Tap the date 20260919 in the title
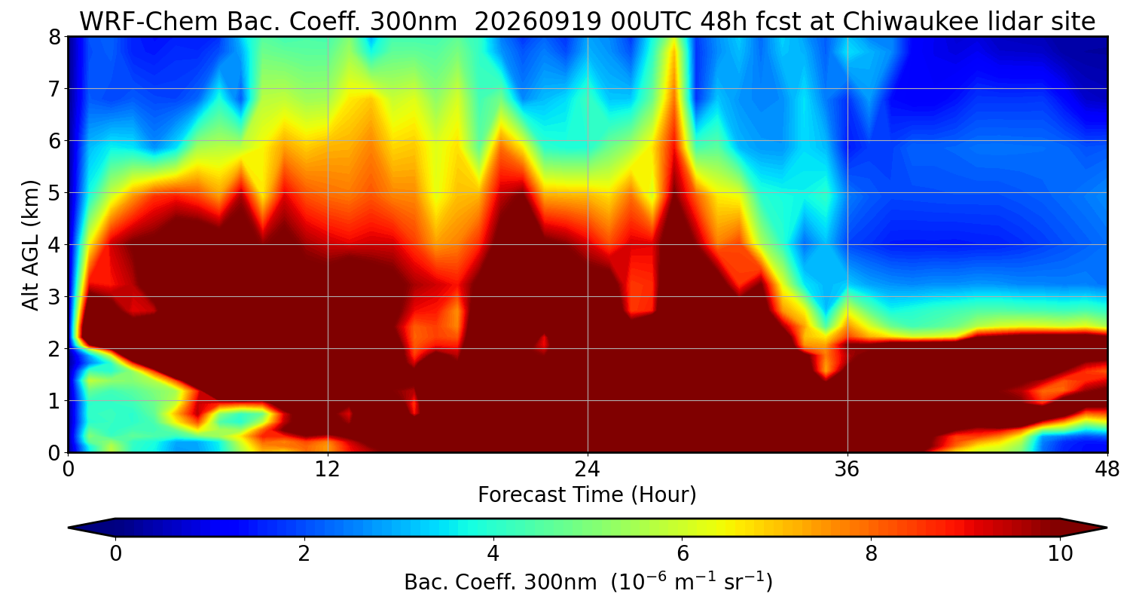tap(538, 22)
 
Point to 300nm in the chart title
tap(413, 22)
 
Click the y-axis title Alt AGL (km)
tap(30, 245)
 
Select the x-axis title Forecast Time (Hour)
tap(587, 495)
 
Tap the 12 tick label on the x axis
tap(328, 470)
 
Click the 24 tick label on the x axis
tap(588, 470)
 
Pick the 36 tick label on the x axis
tap(847, 470)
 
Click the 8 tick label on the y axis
tap(54, 37)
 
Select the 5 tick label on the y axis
tap(54, 193)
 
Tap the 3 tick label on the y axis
tap(54, 297)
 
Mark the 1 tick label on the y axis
tap(54, 401)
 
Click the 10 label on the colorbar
tap(1060, 554)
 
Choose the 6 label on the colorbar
tap(682, 554)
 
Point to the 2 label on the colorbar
tap(304, 554)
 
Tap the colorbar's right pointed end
tap(1106, 528)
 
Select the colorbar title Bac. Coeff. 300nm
tap(500, 583)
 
